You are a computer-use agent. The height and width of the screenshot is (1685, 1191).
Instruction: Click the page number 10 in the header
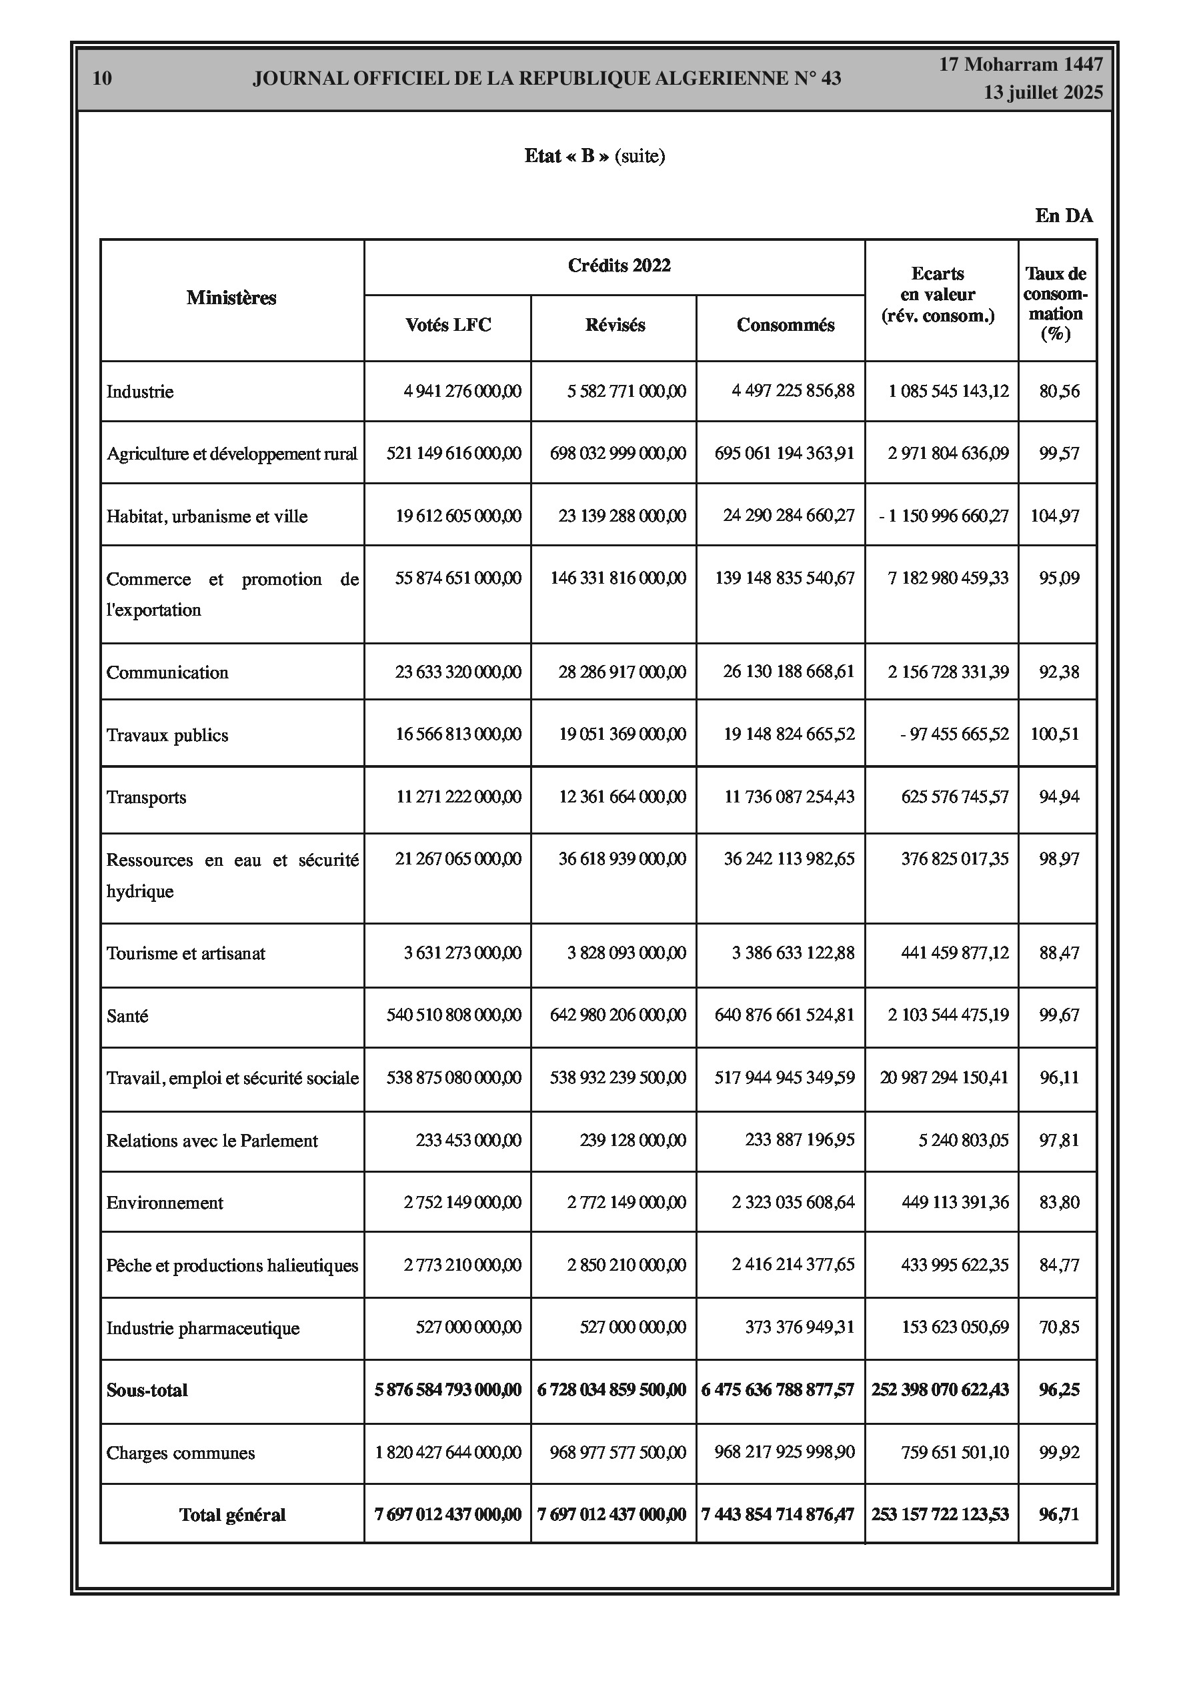[x=102, y=79]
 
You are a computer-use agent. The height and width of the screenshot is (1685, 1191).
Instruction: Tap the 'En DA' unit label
[x=1064, y=215]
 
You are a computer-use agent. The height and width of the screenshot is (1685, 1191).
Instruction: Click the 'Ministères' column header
[x=231, y=298]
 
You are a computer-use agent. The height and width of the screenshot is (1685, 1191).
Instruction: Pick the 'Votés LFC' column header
[x=447, y=325]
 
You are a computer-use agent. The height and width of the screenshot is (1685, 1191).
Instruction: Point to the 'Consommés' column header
[x=785, y=325]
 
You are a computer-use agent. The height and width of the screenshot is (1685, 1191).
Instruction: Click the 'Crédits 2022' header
[x=619, y=265]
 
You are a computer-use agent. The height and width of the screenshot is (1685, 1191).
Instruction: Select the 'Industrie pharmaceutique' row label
[x=203, y=1327]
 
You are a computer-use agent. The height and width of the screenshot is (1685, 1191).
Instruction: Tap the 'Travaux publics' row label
[x=167, y=735]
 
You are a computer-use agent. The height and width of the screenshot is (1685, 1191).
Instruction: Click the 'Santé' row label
[x=127, y=1016]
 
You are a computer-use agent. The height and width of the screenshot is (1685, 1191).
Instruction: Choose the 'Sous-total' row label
[x=147, y=1390]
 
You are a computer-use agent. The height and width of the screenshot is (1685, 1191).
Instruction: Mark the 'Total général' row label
[x=232, y=1515]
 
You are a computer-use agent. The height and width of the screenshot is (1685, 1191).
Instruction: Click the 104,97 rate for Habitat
[x=1054, y=516]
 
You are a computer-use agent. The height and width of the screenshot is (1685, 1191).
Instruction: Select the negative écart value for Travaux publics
[x=954, y=734]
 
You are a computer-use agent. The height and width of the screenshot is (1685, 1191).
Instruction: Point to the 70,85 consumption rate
[x=1059, y=1327]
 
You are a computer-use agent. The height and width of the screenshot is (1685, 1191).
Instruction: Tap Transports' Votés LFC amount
[x=459, y=796]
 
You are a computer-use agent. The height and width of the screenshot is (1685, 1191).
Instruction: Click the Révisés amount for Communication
[x=622, y=672]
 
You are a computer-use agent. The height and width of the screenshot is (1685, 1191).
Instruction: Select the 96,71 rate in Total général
[x=1059, y=1514]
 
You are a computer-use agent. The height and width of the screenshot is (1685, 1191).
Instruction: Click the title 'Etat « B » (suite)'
[x=594, y=156]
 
